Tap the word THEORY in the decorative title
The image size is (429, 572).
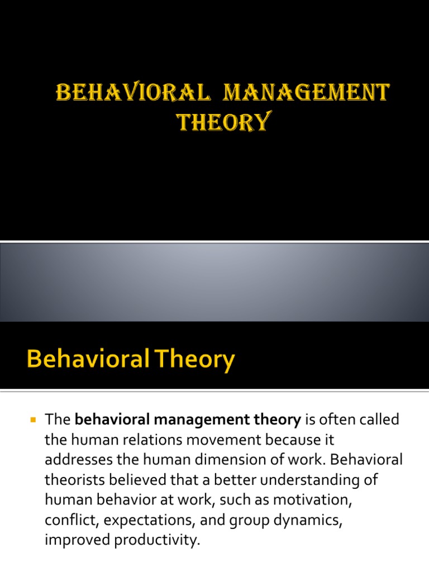coord(222,121)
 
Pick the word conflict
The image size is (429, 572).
coord(64,520)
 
